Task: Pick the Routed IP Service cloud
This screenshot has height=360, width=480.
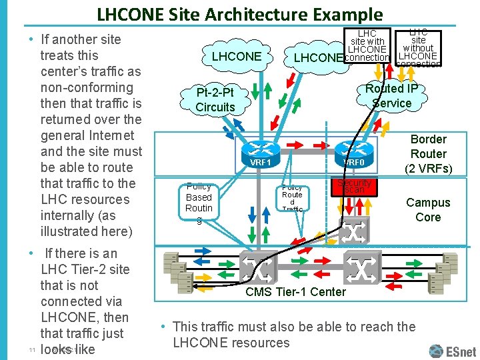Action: (x=392, y=95)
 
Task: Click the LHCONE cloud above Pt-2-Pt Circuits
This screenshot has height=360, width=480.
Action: (x=236, y=57)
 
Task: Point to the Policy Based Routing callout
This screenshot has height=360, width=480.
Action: (x=199, y=198)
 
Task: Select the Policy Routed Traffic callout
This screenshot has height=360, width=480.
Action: (x=292, y=198)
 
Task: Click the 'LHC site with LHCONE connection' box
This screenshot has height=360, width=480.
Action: (x=367, y=45)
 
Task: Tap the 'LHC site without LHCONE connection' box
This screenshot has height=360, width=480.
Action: (x=418, y=47)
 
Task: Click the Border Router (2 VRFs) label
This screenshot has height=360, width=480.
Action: (x=428, y=153)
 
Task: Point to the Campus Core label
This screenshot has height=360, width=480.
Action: (x=428, y=209)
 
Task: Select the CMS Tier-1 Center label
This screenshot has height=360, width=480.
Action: (x=295, y=291)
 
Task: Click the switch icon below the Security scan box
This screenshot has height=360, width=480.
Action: (x=353, y=231)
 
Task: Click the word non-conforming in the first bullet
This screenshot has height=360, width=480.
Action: (x=87, y=87)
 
